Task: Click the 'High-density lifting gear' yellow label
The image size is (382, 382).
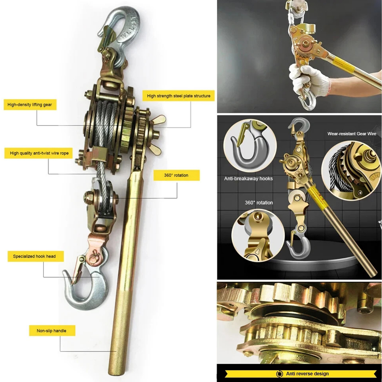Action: pos(30,104)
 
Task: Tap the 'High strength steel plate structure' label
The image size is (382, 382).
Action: pos(179,96)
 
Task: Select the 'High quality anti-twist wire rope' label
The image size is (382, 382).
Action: pos(39,153)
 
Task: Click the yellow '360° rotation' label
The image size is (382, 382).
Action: pos(176,175)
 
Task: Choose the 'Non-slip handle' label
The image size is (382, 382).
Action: pos(51,331)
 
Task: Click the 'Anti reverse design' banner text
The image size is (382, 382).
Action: pos(307,373)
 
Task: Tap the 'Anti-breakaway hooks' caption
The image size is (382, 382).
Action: pos(248,179)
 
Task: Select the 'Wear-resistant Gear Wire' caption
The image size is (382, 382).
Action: pos(351,134)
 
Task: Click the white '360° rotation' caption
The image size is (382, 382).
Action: pos(259,203)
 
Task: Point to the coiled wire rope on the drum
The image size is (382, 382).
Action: pos(107,124)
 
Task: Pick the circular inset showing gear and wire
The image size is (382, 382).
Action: pos(351,170)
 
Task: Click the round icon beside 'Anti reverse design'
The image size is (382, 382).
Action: pos(279,374)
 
